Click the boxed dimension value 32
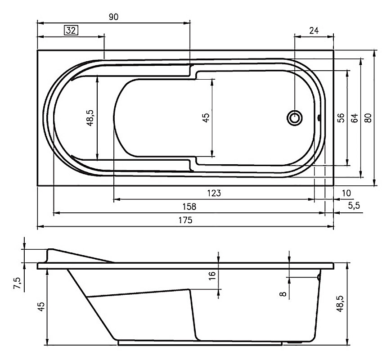tap(72, 31)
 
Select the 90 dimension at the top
tap(113, 17)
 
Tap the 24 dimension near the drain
tap(314, 31)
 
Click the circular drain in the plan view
tap(295, 117)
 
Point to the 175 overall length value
tap(185, 220)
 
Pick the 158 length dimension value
tap(189, 207)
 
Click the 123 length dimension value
tap(214, 193)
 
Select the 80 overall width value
tap(368, 117)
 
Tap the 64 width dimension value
tap(355, 117)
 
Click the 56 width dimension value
tap(341, 117)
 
